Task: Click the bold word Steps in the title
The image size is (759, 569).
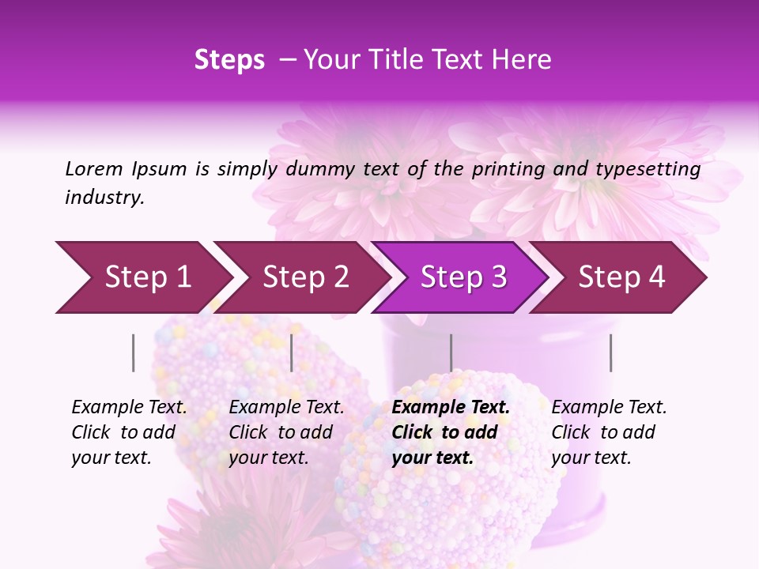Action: pyautogui.click(x=229, y=60)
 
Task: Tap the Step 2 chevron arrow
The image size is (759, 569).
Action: pyautogui.click(x=304, y=277)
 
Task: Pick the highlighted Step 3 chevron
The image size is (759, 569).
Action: pyautogui.click(x=463, y=277)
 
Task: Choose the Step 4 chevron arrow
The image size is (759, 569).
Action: pyautogui.click(x=621, y=277)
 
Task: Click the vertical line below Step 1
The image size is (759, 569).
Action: pyautogui.click(x=134, y=352)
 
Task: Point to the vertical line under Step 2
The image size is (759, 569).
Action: pyautogui.click(x=292, y=352)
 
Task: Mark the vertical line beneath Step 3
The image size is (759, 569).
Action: pyautogui.click(x=451, y=352)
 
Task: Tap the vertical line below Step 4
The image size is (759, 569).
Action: pyautogui.click(x=610, y=352)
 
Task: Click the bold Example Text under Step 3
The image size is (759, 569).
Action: pyautogui.click(x=451, y=408)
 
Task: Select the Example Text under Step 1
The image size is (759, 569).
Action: pyautogui.click(x=129, y=408)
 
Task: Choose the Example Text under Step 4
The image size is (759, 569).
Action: pyautogui.click(x=609, y=408)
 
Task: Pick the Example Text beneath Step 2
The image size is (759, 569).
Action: pyautogui.click(x=286, y=408)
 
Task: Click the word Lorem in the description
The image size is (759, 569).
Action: pyautogui.click(x=94, y=169)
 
